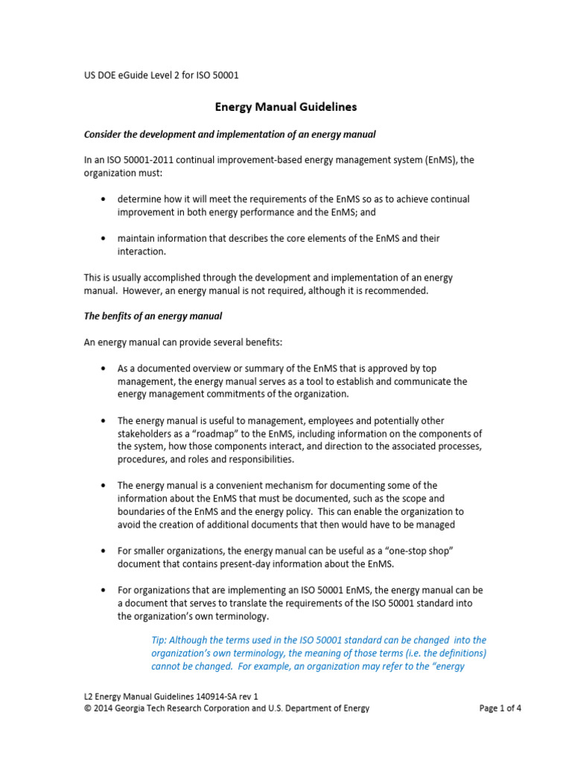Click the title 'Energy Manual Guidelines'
(286, 107)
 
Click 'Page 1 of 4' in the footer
(500, 708)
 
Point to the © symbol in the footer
(87, 708)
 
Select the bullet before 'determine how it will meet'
(102, 199)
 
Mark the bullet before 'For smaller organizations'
(102, 551)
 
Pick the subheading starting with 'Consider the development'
(229, 134)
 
